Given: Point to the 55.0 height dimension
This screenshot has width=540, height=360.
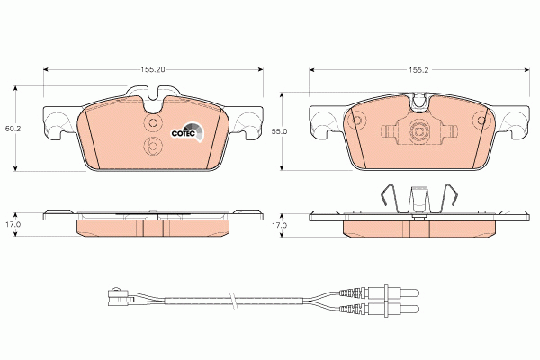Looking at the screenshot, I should click(279, 130).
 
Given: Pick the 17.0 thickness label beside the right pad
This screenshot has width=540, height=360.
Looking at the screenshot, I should click(279, 224).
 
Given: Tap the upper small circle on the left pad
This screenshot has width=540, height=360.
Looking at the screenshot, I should click(152, 122).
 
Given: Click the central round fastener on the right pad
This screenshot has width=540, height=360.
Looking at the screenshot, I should click(418, 133).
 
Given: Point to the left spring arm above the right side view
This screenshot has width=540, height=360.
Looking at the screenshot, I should click(385, 196).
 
